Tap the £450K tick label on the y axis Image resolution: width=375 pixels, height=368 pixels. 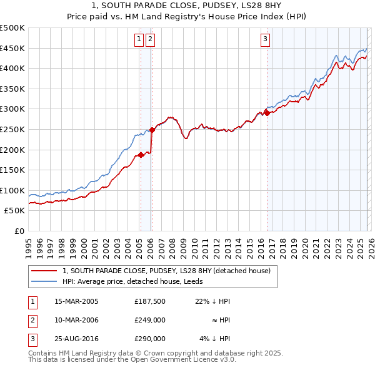[12, 48]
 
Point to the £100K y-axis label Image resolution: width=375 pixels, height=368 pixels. [12, 190]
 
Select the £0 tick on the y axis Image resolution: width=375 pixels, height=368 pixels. [19, 231]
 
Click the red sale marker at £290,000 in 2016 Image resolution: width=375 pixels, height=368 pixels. [267, 113]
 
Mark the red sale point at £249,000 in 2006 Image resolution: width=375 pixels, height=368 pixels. [152, 130]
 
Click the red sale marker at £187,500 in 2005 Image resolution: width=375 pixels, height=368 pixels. [141, 155]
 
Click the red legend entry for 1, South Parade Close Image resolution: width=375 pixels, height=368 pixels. [166, 271]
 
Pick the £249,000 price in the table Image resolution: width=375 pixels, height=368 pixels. [149, 320]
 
